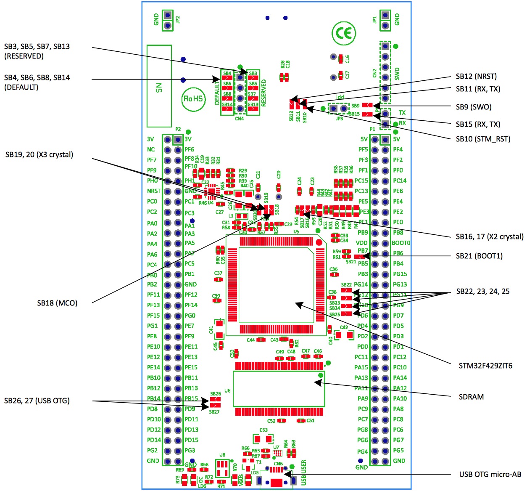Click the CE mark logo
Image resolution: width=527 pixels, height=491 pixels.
[343, 33]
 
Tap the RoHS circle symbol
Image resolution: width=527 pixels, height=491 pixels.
[193, 99]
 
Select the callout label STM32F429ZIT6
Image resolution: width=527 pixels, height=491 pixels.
[485, 366]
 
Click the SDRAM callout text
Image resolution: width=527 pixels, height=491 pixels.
[471, 397]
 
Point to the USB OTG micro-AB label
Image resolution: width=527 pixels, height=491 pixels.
[490, 474]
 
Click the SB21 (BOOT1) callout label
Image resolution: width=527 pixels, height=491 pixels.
[479, 256]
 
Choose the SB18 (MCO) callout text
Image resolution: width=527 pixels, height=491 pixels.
[57, 303]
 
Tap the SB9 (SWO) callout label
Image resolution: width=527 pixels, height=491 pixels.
[474, 107]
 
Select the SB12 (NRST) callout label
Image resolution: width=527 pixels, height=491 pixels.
[476, 76]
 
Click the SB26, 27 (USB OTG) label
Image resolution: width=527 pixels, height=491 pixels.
[37, 401]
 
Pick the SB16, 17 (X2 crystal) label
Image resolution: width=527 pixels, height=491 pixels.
[490, 236]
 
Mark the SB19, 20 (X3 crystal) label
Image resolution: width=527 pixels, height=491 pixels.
[39, 154]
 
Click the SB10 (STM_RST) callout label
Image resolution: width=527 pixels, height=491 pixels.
[483, 139]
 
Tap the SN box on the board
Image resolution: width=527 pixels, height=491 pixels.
[159, 86]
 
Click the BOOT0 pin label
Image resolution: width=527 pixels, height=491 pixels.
[401, 243]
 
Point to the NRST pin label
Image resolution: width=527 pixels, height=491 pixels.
[154, 191]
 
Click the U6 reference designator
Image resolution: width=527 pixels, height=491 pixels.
[227, 390]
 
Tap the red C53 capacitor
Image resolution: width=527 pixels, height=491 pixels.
[263, 438]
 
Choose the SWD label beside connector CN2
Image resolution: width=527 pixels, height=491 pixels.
[397, 73]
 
